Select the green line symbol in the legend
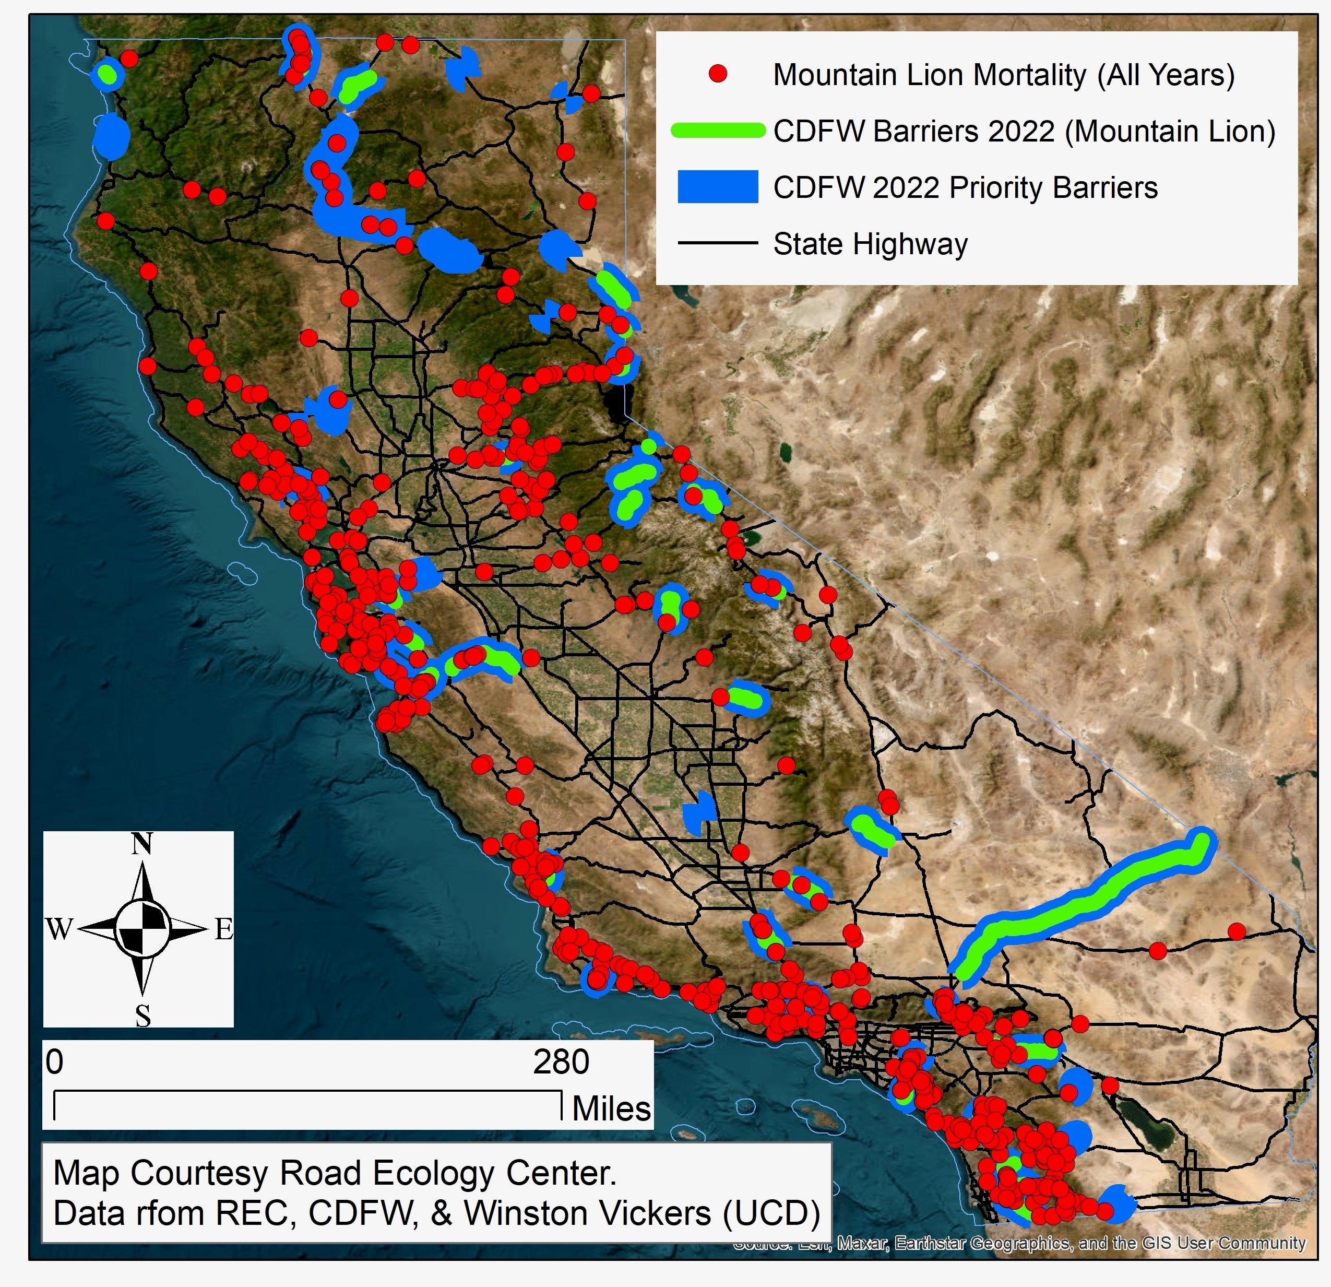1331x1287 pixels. (x=718, y=131)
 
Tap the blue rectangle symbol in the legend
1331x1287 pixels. (x=718, y=187)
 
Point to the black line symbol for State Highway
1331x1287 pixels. (x=718, y=242)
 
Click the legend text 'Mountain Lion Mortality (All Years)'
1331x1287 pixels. (x=1004, y=75)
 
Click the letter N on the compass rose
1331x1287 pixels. (x=141, y=844)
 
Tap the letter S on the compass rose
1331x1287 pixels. (x=142, y=1016)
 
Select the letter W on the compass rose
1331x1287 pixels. (x=59, y=928)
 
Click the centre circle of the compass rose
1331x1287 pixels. (x=142, y=928)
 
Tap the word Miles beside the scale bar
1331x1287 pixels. (x=611, y=1108)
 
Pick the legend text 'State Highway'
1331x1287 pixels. (x=870, y=244)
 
